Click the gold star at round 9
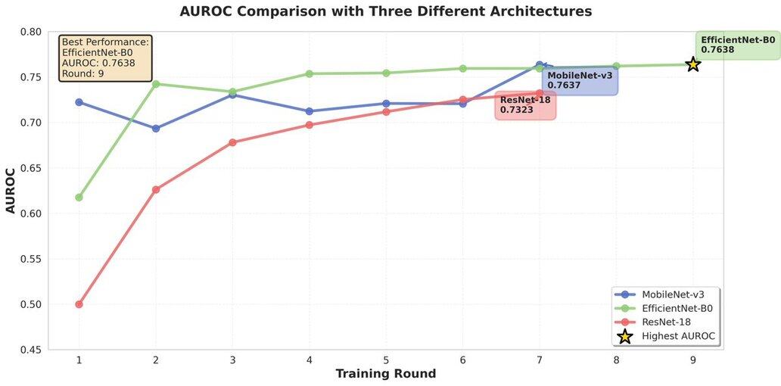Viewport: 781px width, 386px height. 692,64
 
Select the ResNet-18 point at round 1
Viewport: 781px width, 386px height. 79,304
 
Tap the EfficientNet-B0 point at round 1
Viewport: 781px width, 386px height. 79,198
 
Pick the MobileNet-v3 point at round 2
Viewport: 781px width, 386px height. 156,129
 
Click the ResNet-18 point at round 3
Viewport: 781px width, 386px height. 232,142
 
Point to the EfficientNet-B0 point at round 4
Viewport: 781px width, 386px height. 310,73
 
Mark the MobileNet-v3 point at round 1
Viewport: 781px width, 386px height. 79,102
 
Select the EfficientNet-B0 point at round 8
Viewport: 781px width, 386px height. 616,66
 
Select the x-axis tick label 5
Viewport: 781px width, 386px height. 386,360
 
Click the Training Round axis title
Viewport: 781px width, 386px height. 386,374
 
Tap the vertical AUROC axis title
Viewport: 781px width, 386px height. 11,191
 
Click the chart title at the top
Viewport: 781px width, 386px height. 386,11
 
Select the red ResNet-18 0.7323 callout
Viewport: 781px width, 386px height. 525,105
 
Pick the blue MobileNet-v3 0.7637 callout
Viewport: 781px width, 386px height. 580,80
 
